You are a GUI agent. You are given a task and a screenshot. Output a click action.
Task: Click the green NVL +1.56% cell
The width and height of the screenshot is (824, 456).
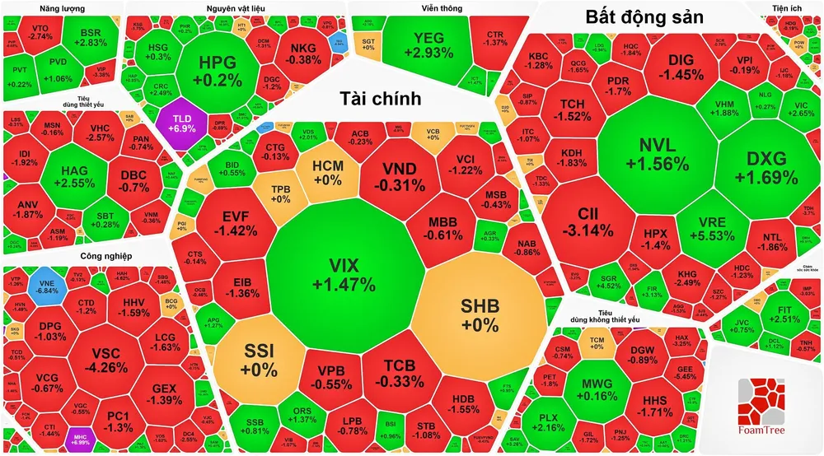(x=656, y=154)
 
